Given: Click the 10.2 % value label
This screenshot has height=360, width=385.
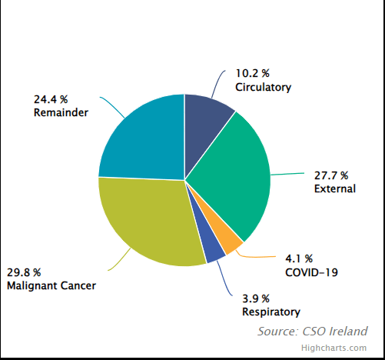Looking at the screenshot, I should (252, 74).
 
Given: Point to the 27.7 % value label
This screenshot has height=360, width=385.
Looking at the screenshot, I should (331, 175).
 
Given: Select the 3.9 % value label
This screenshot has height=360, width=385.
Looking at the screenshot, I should (258, 298).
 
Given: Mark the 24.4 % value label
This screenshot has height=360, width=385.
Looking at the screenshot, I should (51, 99).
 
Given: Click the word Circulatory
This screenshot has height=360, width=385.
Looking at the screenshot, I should (264, 87).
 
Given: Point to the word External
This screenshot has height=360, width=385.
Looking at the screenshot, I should (335, 188).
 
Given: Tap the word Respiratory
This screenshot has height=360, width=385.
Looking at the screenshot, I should (271, 312).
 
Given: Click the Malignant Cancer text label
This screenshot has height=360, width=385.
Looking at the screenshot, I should (51, 285).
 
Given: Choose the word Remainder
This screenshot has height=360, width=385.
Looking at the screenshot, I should (61, 112).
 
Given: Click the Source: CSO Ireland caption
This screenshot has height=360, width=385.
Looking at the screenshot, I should (312, 331).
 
